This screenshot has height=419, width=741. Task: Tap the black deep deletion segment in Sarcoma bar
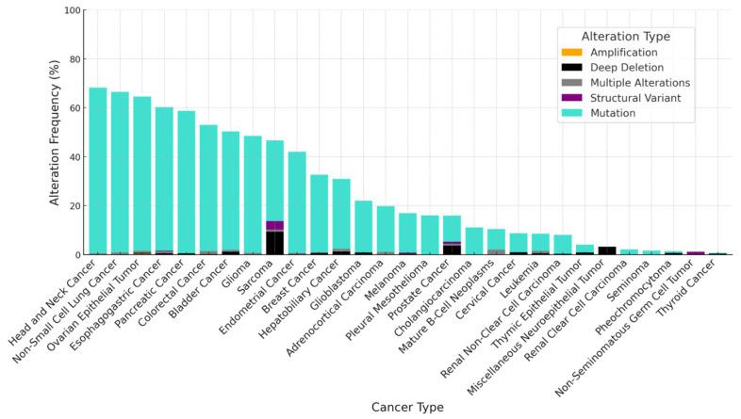click(274, 242)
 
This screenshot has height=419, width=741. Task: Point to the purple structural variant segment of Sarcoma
click(274, 225)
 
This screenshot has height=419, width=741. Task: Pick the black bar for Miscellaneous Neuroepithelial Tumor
click(607, 250)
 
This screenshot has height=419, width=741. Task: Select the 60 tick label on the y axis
click(74, 108)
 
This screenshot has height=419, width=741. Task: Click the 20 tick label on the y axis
click(74, 206)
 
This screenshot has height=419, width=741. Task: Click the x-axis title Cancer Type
click(402, 407)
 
